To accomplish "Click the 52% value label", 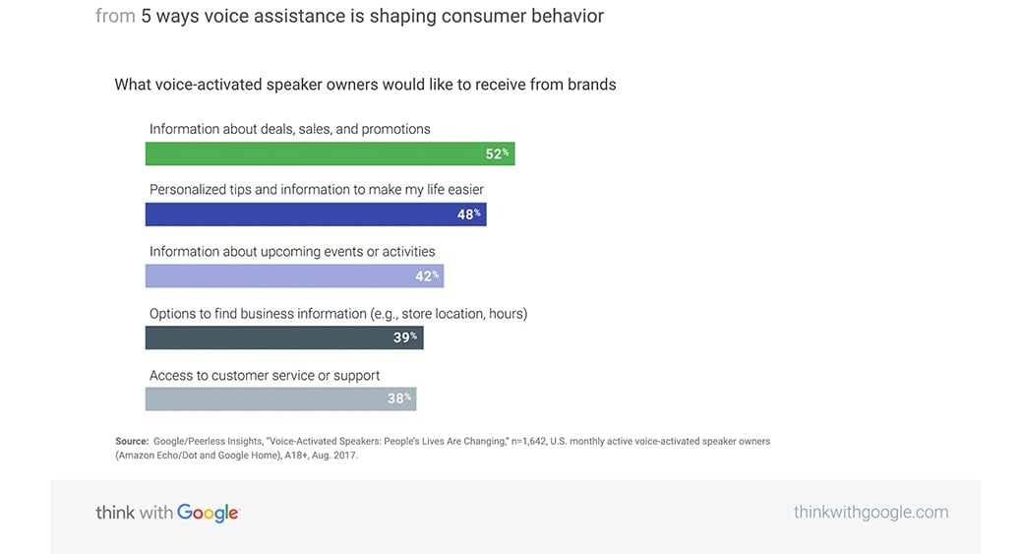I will pyautogui.click(x=497, y=154).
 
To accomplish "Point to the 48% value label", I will pyautogui.click(x=468, y=215).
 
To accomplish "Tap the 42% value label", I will pyautogui.click(x=427, y=276).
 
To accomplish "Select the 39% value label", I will pyautogui.click(x=405, y=338).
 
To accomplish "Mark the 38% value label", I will pyautogui.click(x=399, y=399).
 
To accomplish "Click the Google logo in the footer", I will pyautogui.click(x=209, y=513).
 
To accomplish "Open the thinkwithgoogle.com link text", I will pyautogui.click(x=871, y=512).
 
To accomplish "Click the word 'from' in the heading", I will pyautogui.click(x=115, y=16).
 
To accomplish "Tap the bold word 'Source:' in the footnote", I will pyautogui.click(x=132, y=441).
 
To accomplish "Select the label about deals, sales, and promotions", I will pyautogui.click(x=290, y=129).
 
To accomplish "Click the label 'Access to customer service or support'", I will pyautogui.click(x=265, y=375).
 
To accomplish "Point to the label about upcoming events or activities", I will pyautogui.click(x=292, y=252).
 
